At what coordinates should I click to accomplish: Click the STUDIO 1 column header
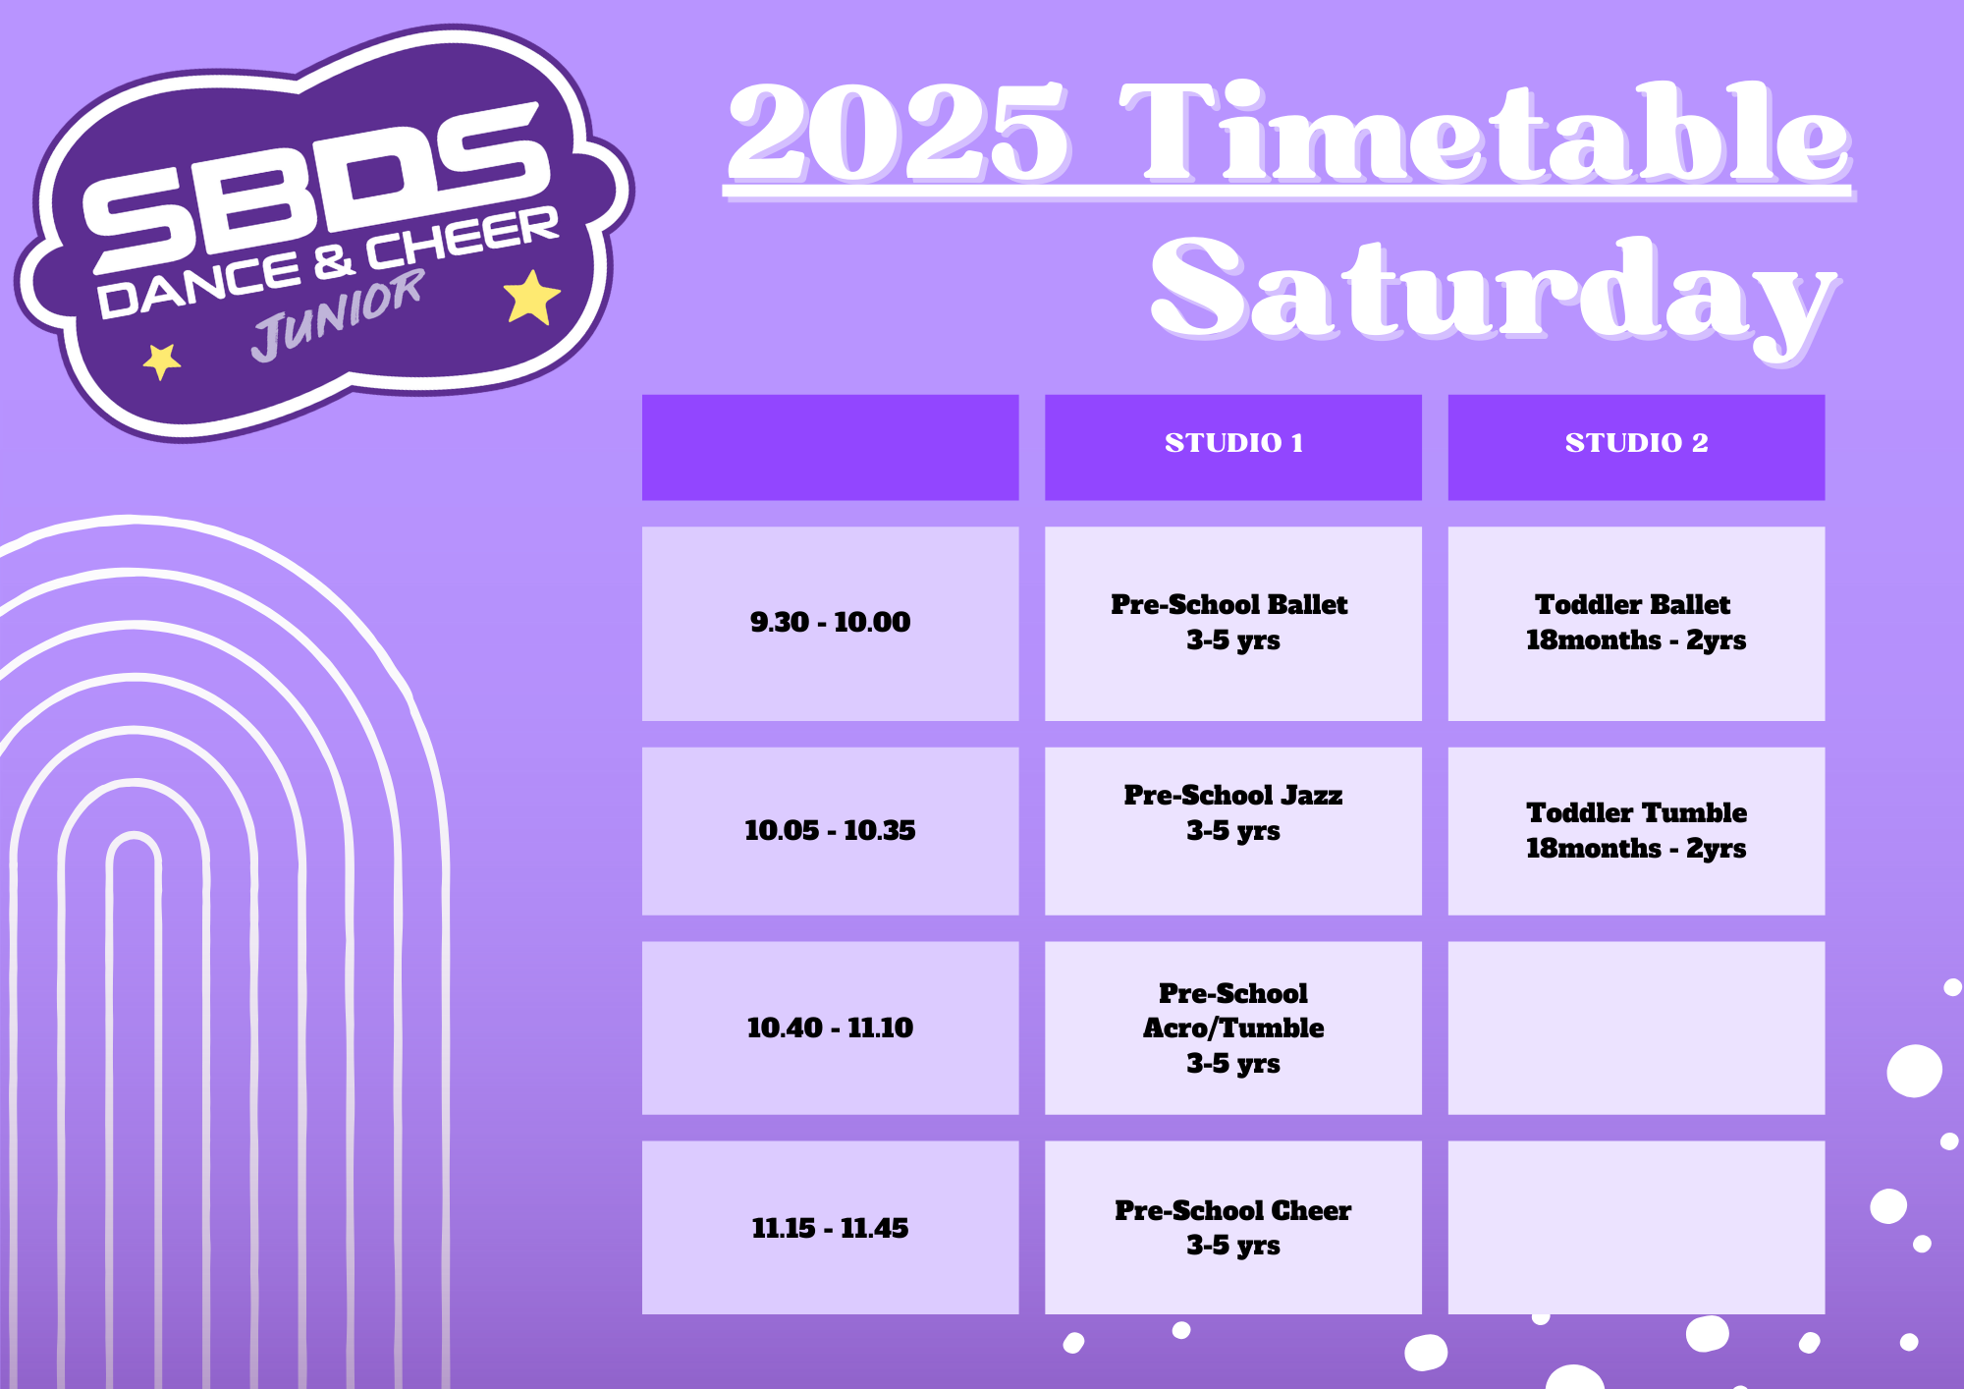[x=1233, y=447]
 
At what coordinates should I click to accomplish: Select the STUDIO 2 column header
[x=1636, y=447]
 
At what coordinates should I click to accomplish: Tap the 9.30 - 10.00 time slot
[x=830, y=624]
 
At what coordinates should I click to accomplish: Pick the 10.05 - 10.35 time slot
[x=830, y=831]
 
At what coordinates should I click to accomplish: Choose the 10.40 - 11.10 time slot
[x=830, y=1028]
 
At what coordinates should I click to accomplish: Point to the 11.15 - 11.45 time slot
[x=830, y=1227]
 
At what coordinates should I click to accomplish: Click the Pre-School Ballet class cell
[x=1233, y=624]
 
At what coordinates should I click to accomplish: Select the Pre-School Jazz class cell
[x=1233, y=831]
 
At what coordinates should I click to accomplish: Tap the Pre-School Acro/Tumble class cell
[x=1233, y=1028]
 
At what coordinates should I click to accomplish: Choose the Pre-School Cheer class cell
[x=1233, y=1227]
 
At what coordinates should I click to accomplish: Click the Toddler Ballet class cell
[x=1636, y=624]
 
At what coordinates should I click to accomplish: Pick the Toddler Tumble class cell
[x=1636, y=831]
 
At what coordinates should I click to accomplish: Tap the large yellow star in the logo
[x=531, y=297]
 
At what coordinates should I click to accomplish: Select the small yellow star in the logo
[x=161, y=361]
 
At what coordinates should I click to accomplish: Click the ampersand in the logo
[x=334, y=261]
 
